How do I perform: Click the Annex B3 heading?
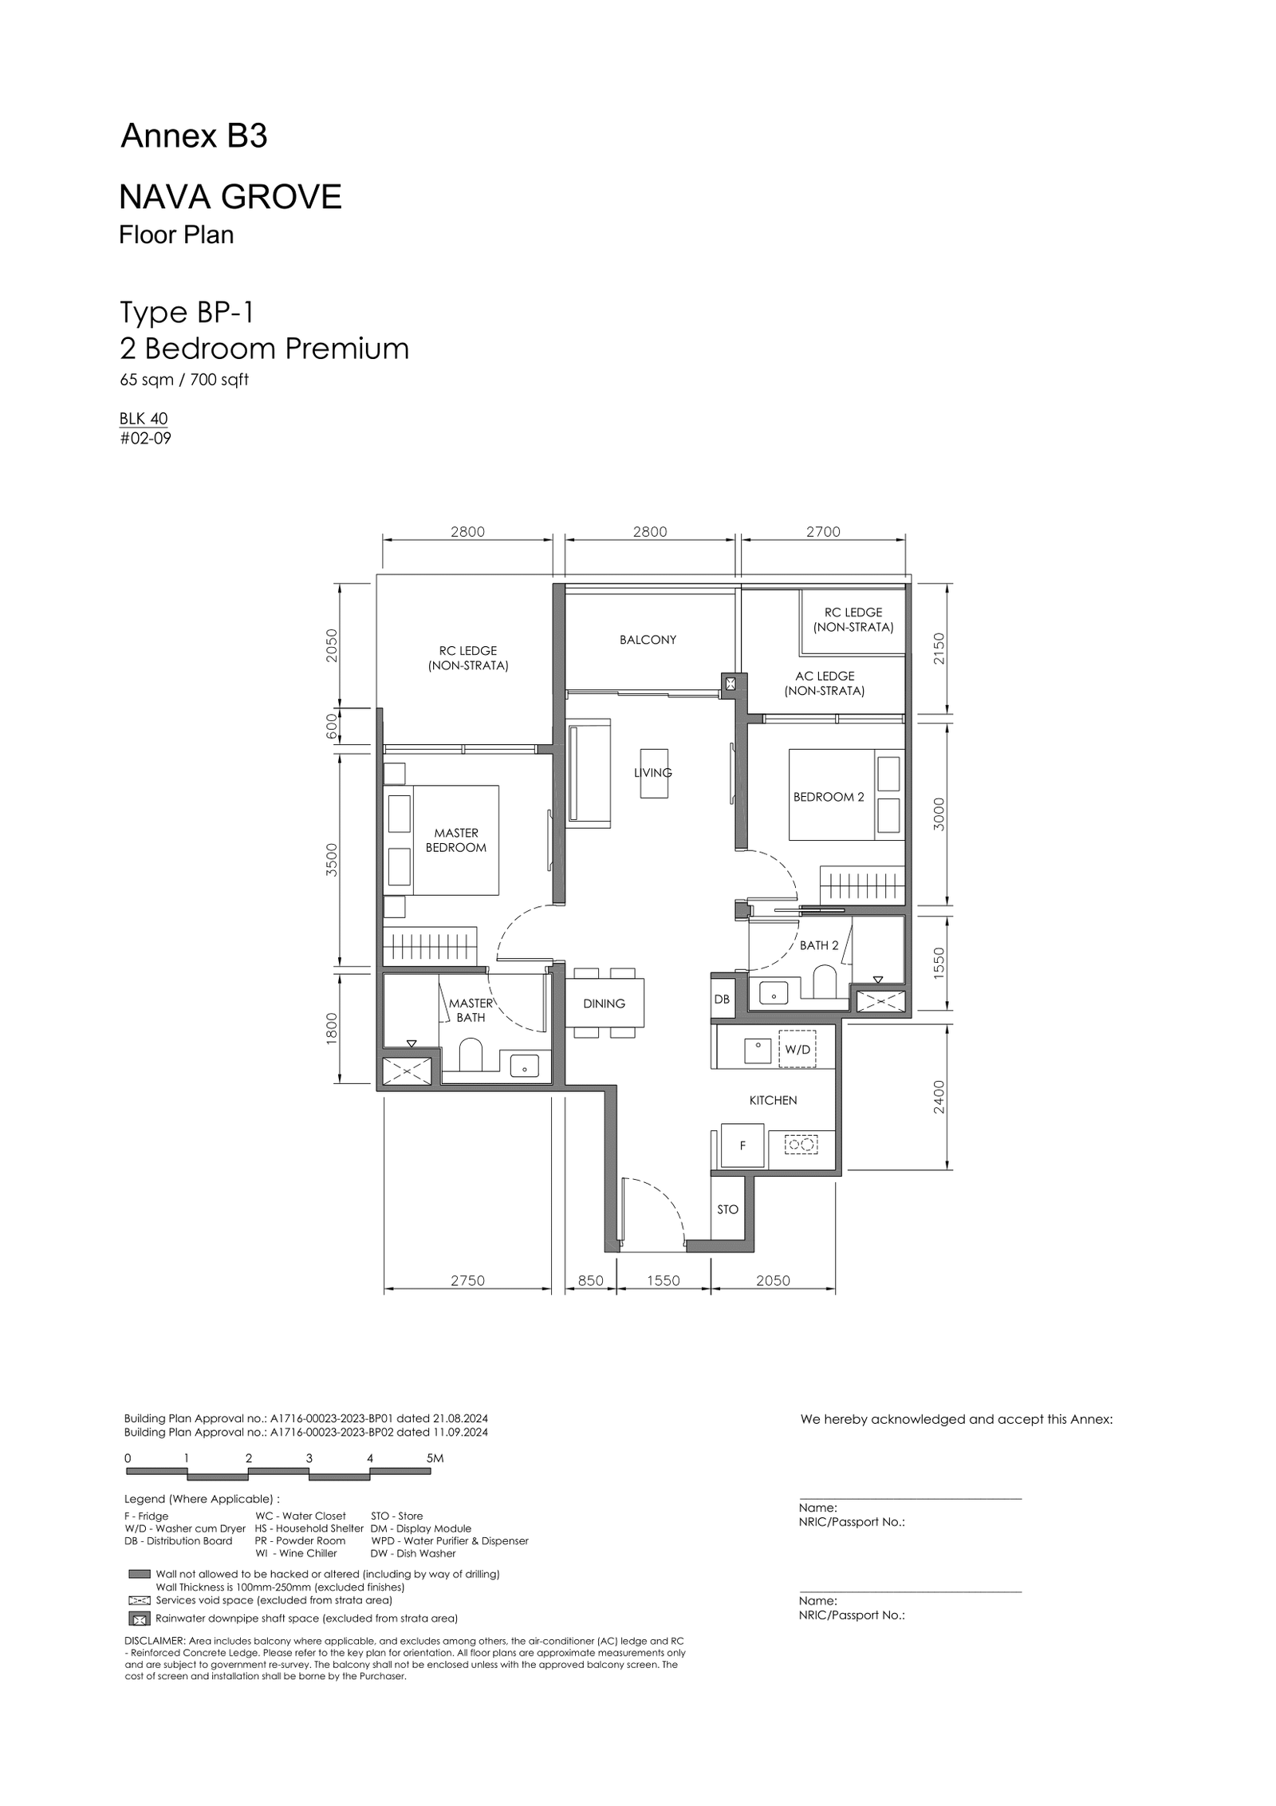click(194, 137)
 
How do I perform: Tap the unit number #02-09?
click(145, 438)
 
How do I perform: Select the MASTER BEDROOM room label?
click(456, 840)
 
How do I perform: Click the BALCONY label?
click(648, 640)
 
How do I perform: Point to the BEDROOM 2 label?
click(829, 797)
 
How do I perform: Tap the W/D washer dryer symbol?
click(797, 1050)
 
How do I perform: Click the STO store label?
click(727, 1209)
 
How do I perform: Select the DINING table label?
click(604, 1004)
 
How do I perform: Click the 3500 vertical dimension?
click(333, 860)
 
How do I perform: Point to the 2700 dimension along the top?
click(823, 532)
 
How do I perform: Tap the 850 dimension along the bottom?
click(590, 1280)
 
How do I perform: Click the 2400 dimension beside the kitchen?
click(939, 1097)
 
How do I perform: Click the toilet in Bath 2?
click(824, 982)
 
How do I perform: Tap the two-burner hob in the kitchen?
click(801, 1145)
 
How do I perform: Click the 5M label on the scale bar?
click(435, 1458)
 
